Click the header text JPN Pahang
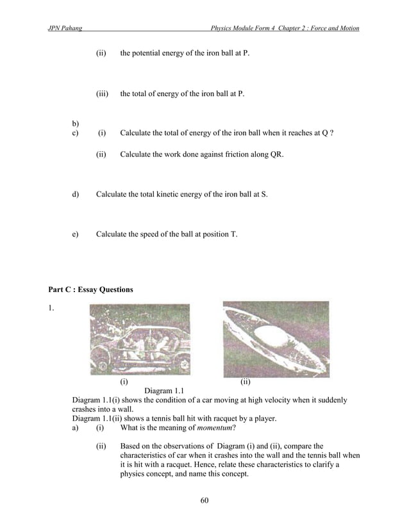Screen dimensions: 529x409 60,29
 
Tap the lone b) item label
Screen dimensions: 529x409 76,123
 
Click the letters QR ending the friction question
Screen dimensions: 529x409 276,155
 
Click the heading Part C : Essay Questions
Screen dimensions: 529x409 87,290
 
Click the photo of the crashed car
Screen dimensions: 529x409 140,340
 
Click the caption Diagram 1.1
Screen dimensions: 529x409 165,390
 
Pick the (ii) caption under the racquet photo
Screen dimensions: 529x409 245,382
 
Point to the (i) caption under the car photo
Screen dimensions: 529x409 124,382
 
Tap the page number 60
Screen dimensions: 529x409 204,500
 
